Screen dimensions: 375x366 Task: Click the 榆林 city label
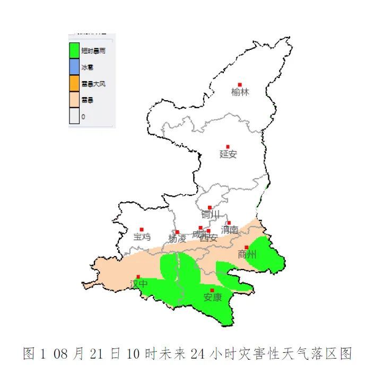tap(240, 92)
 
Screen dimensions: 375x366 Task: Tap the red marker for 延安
tap(228, 146)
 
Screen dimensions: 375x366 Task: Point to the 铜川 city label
tap(210, 215)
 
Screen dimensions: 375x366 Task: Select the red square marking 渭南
tap(229, 223)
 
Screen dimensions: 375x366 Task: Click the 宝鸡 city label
tap(142, 237)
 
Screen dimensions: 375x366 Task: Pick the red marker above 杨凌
tap(178, 232)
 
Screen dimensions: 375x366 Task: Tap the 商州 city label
tap(247, 255)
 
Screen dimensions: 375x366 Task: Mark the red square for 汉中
tap(138, 276)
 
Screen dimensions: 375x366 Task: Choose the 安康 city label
tap(212, 298)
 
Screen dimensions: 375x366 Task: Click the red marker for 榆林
tap(240, 84)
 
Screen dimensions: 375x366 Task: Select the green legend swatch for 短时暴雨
tap(74, 50)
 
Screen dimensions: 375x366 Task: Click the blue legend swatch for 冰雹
tap(74, 67)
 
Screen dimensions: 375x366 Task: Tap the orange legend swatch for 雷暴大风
tap(74, 83)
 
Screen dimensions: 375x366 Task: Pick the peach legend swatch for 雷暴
tap(74, 100)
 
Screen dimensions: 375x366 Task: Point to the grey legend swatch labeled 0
tap(74, 116)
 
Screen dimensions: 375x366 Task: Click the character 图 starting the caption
tap(30, 354)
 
